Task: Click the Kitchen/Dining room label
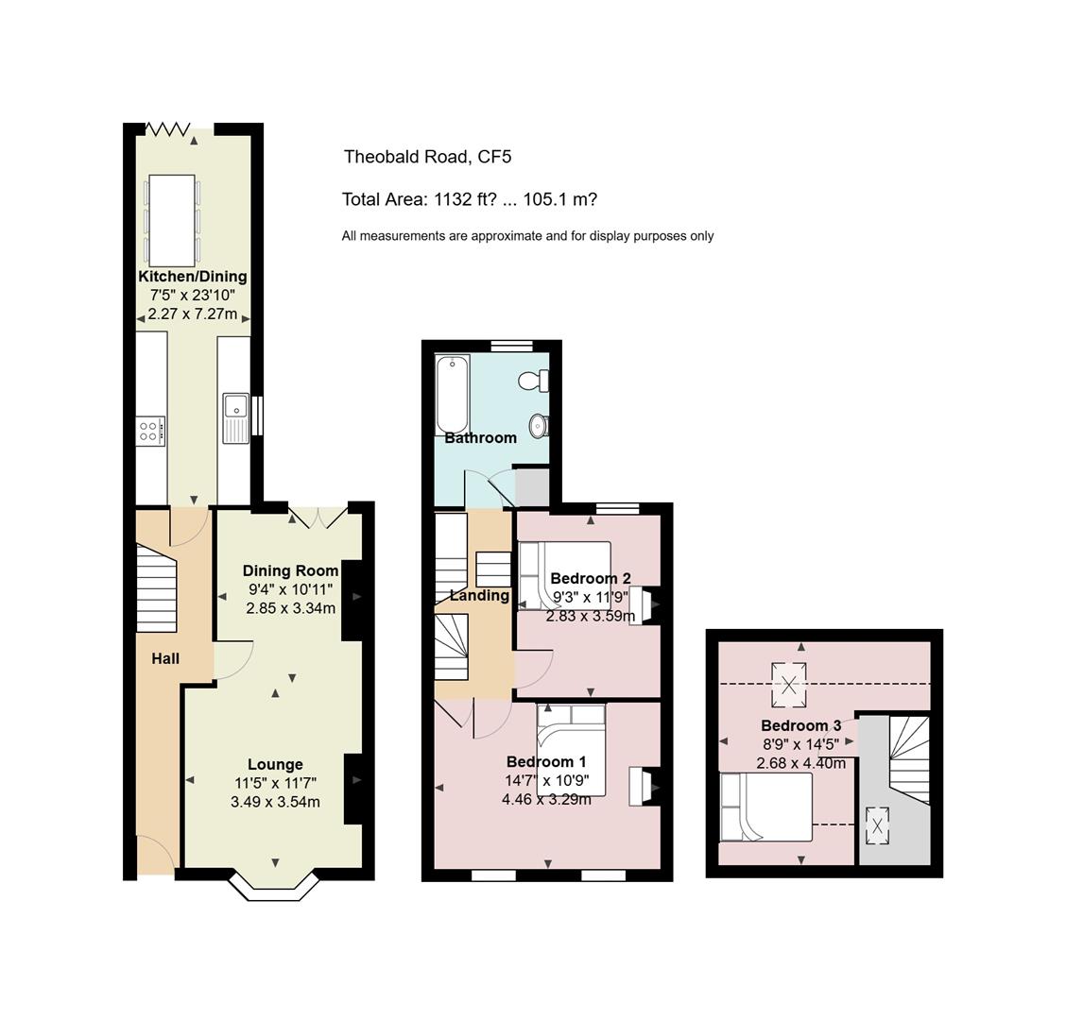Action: [193, 277]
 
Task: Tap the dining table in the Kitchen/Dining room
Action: [171, 221]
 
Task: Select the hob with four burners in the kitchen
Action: [150, 431]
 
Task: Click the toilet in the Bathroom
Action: [534, 381]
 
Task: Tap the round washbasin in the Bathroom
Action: [539, 425]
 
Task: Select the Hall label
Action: [165, 658]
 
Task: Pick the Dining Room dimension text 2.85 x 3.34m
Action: [290, 608]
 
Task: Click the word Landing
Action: [479, 596]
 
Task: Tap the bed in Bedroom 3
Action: [766, 807]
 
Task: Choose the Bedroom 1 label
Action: [546, 762]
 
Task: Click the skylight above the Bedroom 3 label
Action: [788, 685]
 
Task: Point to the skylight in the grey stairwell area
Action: [878, 825]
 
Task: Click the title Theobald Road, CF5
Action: [427, 157]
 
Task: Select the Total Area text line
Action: [469, 200]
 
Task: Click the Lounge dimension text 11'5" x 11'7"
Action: [275, 784]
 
